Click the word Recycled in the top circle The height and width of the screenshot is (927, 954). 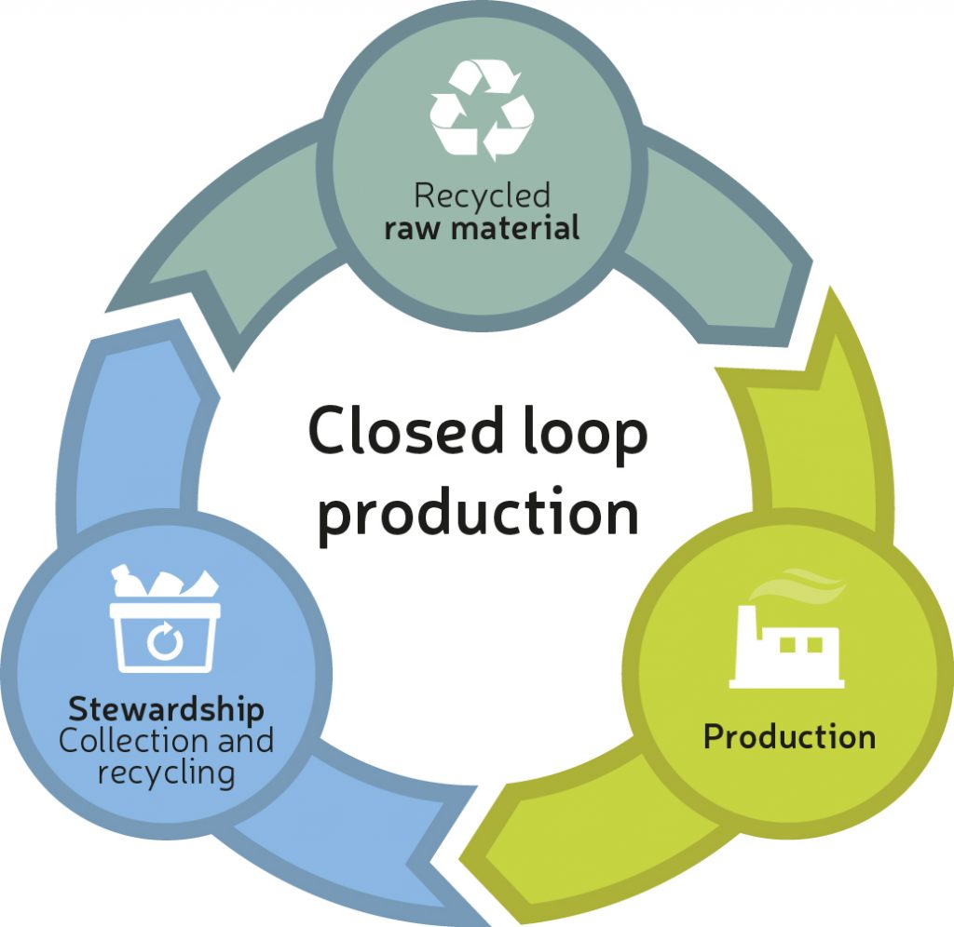[482, 196]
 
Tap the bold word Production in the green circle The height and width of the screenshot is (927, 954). [789, 737]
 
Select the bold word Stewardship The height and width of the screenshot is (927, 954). [166, 710]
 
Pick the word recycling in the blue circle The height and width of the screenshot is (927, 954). [165, 773]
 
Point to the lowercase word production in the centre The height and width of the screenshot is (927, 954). [478, 513]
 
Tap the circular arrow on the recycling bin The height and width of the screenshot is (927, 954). [165, 640]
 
